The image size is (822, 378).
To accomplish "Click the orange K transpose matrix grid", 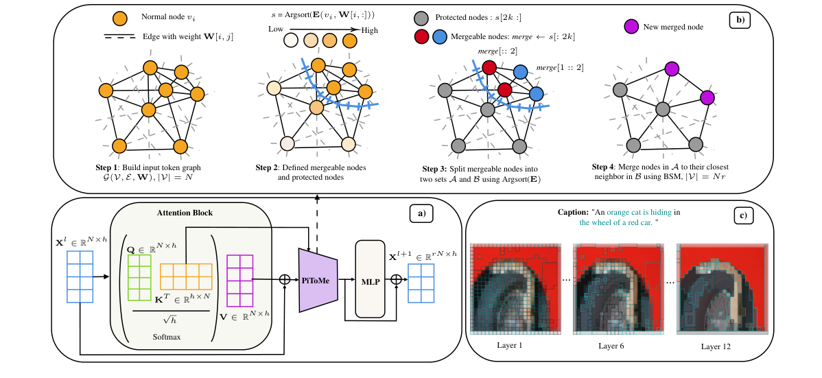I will coord(186,276).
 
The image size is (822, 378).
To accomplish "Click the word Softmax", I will coord(167,337).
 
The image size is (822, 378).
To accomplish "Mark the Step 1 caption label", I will coord(110,167).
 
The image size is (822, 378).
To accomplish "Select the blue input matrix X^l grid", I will coord(80,276).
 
